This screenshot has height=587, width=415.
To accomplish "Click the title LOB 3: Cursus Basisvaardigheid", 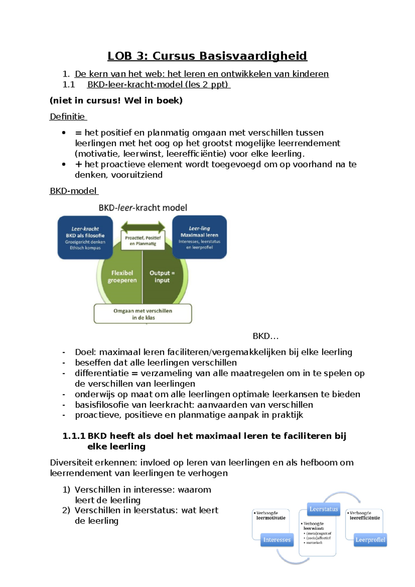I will click(207, 56).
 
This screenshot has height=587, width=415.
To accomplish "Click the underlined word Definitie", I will click(67, 117).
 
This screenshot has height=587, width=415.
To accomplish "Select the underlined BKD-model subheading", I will click(73, 191).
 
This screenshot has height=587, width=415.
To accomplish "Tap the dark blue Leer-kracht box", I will click(85, 238).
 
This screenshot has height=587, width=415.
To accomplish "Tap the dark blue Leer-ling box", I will click(200, 237).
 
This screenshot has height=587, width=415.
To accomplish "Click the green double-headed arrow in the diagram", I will click(143, 227).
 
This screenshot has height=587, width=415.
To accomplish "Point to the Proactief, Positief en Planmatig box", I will click(143, 241).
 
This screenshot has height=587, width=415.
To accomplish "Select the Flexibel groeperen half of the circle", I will click(122, 277).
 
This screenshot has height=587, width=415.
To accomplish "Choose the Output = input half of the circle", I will click(162, 277).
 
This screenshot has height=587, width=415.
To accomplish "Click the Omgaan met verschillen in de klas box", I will click(143, 314).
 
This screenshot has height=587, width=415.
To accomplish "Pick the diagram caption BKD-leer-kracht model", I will click(143, 208).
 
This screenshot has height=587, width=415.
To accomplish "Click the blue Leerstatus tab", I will click(324, 509).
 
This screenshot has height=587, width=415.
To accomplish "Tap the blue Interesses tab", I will click(277, 540).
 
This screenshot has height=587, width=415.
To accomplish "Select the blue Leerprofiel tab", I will click(370, 540).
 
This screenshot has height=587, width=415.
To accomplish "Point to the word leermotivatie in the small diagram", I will click(271, 518).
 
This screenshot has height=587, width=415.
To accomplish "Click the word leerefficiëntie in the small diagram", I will click(365, 518).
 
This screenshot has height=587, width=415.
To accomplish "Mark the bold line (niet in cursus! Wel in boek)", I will click(116, 101).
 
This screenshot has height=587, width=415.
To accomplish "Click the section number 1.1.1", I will click(74, 436).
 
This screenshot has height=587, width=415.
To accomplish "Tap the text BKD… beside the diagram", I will click(266, 336).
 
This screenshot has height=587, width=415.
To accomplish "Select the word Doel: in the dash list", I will click(86, 352).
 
